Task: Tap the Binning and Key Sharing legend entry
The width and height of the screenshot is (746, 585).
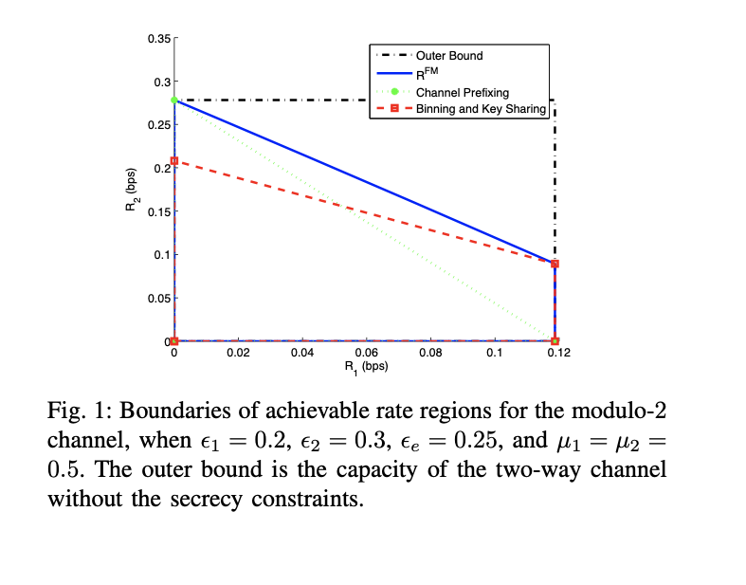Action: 480,109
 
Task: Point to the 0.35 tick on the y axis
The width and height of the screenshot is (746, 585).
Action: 158,39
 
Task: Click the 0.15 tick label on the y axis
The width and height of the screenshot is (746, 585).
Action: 158,211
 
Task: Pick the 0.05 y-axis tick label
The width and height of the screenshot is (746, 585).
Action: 158,298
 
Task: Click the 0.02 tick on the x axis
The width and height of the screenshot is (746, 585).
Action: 238,353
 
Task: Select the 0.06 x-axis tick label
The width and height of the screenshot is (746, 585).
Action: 366,353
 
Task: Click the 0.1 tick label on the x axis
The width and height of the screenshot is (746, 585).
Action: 494,353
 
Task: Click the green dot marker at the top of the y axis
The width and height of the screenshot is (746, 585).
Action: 174,100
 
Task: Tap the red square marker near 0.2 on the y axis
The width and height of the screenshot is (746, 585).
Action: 174,161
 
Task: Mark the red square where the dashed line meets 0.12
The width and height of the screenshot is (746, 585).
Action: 555,264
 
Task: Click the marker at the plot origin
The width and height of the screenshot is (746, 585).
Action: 174,341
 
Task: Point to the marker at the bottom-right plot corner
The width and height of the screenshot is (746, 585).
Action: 555,341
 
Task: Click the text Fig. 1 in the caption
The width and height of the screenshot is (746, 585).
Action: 72,410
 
